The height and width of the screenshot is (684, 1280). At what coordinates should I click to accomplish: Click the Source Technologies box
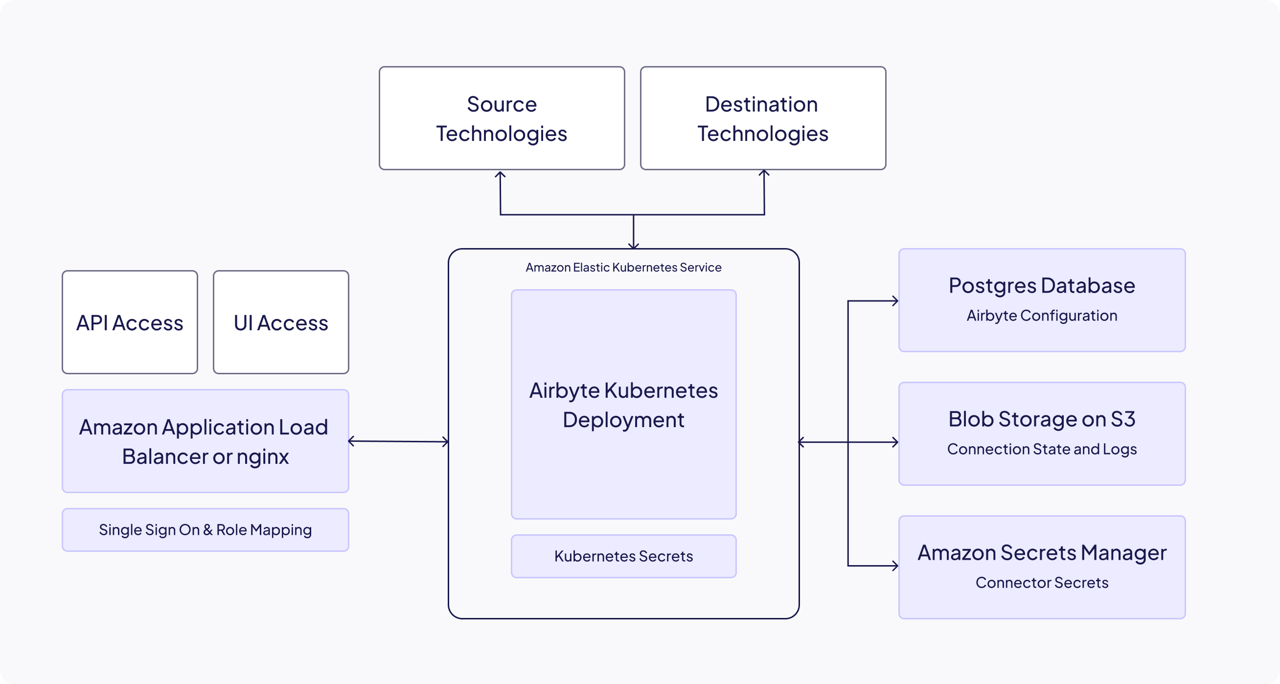click(502, 118)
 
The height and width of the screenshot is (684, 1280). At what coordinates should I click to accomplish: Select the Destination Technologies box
click(763, 118)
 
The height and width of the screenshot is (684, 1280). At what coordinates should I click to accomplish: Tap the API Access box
click(130, 322)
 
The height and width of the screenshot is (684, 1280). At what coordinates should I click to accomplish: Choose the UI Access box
click(281, 322)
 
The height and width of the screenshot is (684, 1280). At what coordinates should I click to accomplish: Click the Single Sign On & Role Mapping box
click(205, 529)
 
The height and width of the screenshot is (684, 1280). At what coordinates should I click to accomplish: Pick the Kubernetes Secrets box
click(623, 556)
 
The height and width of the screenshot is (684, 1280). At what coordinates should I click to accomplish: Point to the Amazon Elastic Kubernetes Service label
click(623, 267)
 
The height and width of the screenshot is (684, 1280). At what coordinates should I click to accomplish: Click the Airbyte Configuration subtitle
click(1042, 316)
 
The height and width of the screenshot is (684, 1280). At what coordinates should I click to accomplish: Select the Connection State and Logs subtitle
click(1042, 449)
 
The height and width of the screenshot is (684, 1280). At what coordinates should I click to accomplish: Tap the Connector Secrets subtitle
click(1042, 582)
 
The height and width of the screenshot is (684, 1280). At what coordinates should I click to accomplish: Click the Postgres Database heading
click(1042, 286)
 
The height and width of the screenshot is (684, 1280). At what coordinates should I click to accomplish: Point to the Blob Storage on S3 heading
click(1042, 419)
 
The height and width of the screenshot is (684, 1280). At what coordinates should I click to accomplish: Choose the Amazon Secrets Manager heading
click(1042, 552)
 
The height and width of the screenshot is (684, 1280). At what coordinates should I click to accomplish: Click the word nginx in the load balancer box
click(262, 457)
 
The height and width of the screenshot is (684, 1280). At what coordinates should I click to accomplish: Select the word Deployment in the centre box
click(623, 420)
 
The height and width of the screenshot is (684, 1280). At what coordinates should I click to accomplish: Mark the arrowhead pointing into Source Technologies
click(500, 174)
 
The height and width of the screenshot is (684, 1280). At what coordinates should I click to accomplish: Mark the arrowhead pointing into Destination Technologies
click(764, 173)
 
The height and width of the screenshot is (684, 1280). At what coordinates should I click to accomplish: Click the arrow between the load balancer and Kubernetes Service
click(398, 441)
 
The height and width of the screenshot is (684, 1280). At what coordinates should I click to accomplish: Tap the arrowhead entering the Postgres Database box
click(895, 300)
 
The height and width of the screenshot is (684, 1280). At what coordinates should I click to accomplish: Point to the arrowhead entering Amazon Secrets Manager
click(895, 566)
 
